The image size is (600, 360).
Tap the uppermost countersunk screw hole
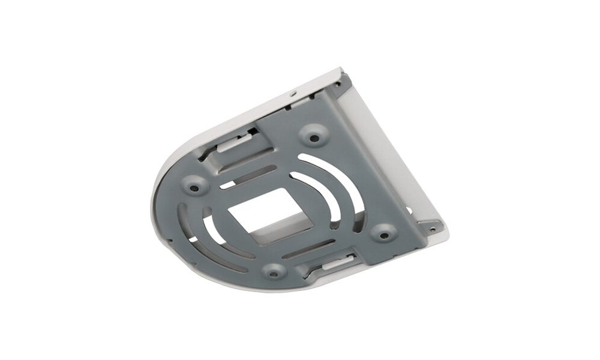pyautogui.click(x=313, y=137)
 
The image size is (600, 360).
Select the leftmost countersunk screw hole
pyautogui.click(x=194, y=188)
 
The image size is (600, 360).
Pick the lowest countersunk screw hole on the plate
pyautogui.click(x=274, y=273)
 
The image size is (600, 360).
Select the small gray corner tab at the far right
pyautogui.click(x=432, y=228)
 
